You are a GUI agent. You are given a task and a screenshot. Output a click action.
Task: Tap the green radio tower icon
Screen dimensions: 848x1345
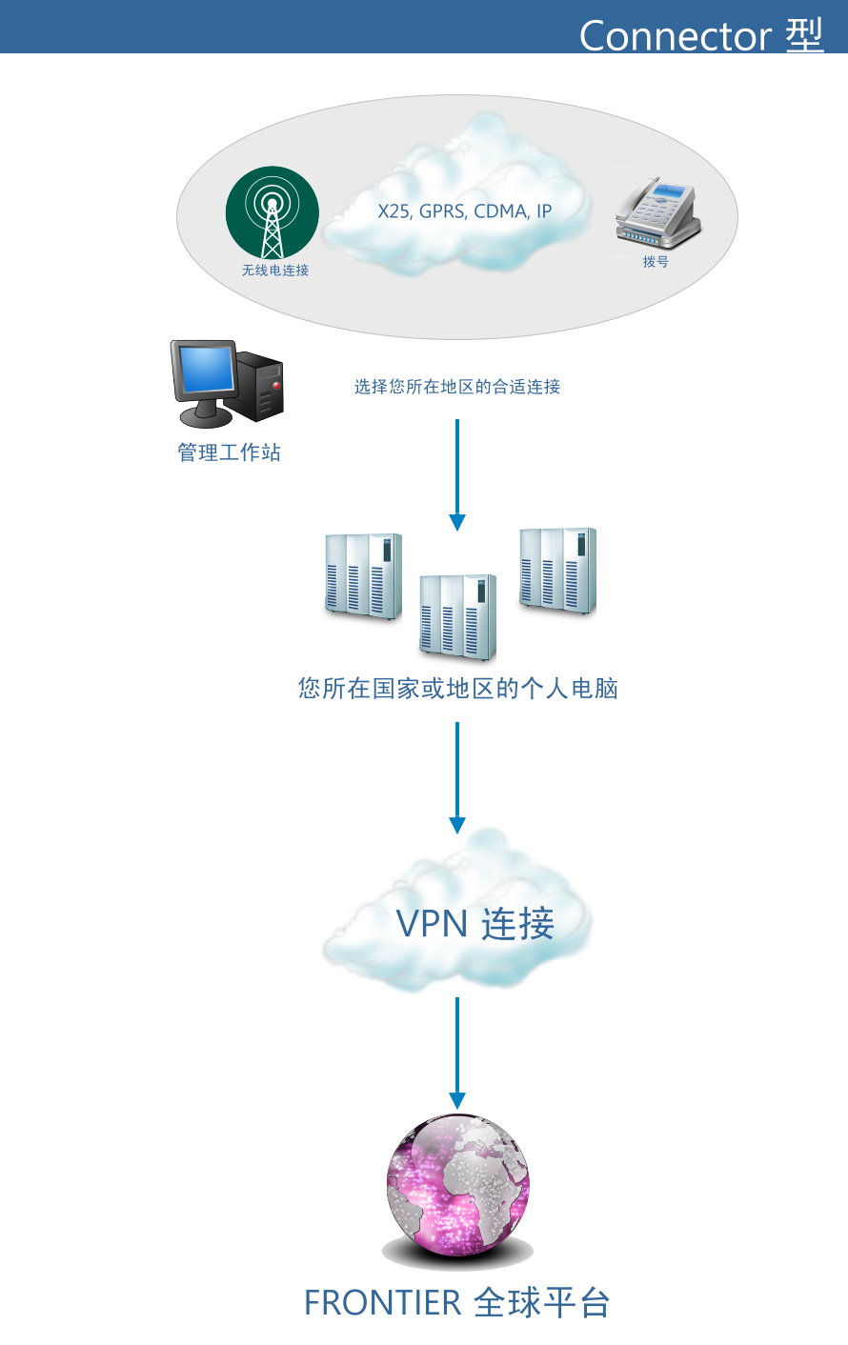point(273,212)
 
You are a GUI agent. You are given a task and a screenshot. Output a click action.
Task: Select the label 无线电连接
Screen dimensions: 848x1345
point(275,271)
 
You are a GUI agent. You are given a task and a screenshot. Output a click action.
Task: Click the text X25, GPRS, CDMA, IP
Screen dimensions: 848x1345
point(464,211)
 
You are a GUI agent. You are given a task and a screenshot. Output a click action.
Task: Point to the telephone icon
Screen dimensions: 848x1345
point(657,212)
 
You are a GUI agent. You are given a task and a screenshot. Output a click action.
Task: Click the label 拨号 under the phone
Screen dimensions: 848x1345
point(656,262)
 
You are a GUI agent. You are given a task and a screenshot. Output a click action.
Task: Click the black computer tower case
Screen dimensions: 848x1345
point(259,386)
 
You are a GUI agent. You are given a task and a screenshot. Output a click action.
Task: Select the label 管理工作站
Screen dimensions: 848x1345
point(229,452)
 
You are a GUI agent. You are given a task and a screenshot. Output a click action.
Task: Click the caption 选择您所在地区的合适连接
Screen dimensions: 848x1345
point(457,387)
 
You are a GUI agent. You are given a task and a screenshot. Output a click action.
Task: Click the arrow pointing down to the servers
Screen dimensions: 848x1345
point(457,475)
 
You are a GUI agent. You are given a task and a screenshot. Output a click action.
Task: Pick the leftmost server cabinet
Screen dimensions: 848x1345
point(363,576)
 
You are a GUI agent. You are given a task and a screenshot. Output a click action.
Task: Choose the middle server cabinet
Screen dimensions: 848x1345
point(457,617)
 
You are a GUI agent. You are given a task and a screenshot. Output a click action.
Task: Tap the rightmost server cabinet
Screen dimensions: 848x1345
point(558,571)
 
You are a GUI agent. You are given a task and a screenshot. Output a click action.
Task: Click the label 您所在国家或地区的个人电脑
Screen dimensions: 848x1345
point(457,688)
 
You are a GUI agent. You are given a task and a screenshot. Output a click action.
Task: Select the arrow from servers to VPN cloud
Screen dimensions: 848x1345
point(457,777)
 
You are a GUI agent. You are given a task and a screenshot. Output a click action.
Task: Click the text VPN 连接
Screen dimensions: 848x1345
point(474,923)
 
